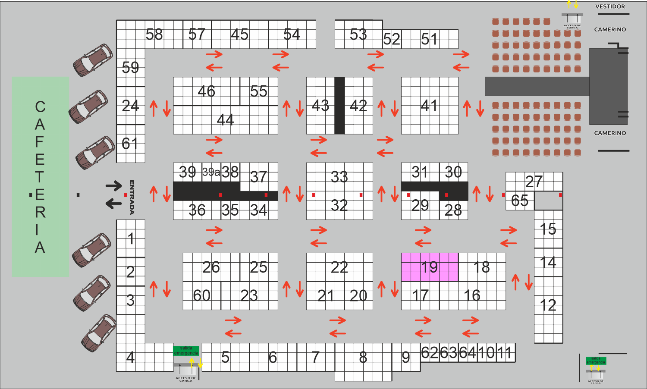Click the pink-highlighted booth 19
tap(430, 267)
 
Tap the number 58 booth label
tap(154, 35)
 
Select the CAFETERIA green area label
tap(40, 177)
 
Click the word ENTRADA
tap(132, 197)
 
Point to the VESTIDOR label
tap(610, 6)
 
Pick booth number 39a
tap(211, 172)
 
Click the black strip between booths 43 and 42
tap(339, 106)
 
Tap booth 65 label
tap(519, 201)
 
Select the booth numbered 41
tap(429, 106)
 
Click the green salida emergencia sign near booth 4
tap(186, 351)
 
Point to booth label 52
tap(392, 40)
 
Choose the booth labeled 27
tap(534, 182)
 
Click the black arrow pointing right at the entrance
tap(114, 186)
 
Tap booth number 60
tap(201, 295)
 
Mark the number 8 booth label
tap(363, 358)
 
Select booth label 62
tap(430, 353)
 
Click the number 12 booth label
tap(548, 305)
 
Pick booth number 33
tap(339, 177)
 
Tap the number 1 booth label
tap(131, 238)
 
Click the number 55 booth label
tap(258, 91)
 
